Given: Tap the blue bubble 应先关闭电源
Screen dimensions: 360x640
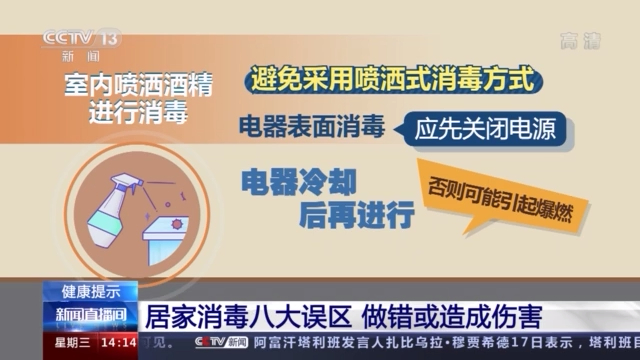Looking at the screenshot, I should tap(479, 129).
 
